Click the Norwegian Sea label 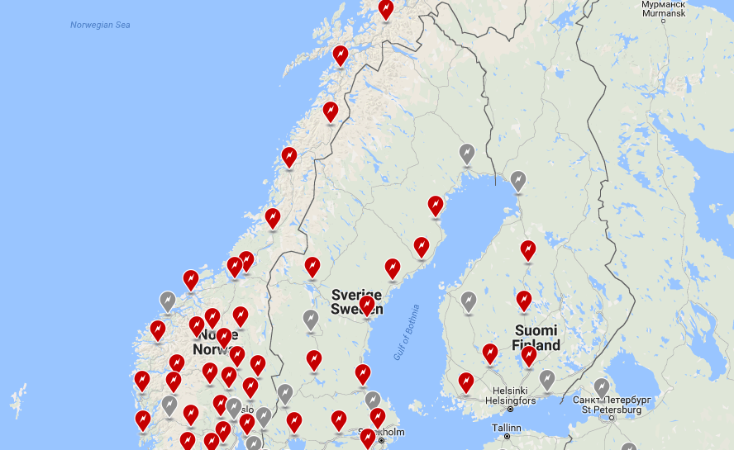pos(100,26)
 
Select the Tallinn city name pos(506,428)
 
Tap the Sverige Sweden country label pos(356,301)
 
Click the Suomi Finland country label pos(535,338)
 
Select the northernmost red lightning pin pos(386,9)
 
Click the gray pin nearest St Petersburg pos(602,387)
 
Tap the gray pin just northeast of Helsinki pos(546,379)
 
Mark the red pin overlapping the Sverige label pos(367,306)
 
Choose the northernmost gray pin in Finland pos(517,179)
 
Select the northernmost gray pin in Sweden pos(467,154)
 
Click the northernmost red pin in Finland pos(527,249)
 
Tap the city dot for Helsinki pos(510,409)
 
